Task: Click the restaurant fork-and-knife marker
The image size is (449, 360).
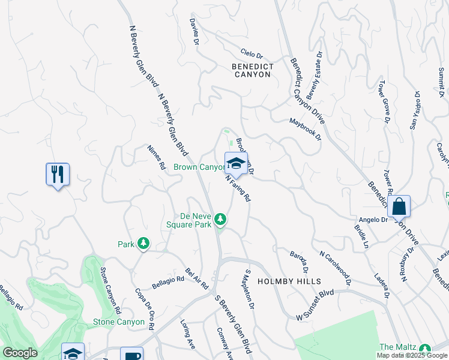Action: [58, 175]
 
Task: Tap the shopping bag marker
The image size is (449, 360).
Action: [399, 207]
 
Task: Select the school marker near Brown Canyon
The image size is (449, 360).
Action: [237, 163]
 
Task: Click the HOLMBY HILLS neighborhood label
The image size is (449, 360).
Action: [289, 281]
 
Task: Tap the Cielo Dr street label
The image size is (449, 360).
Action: [252, 53]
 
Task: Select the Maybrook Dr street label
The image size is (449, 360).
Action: [306, 128]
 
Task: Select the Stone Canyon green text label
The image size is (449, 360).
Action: [119, 322]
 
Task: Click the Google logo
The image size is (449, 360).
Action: [20, 353]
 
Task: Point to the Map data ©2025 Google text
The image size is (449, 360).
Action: [412, 355]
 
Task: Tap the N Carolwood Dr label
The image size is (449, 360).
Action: [335, 268]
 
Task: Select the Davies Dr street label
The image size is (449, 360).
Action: [193, 31]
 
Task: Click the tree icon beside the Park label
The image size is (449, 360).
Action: [143, 244]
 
